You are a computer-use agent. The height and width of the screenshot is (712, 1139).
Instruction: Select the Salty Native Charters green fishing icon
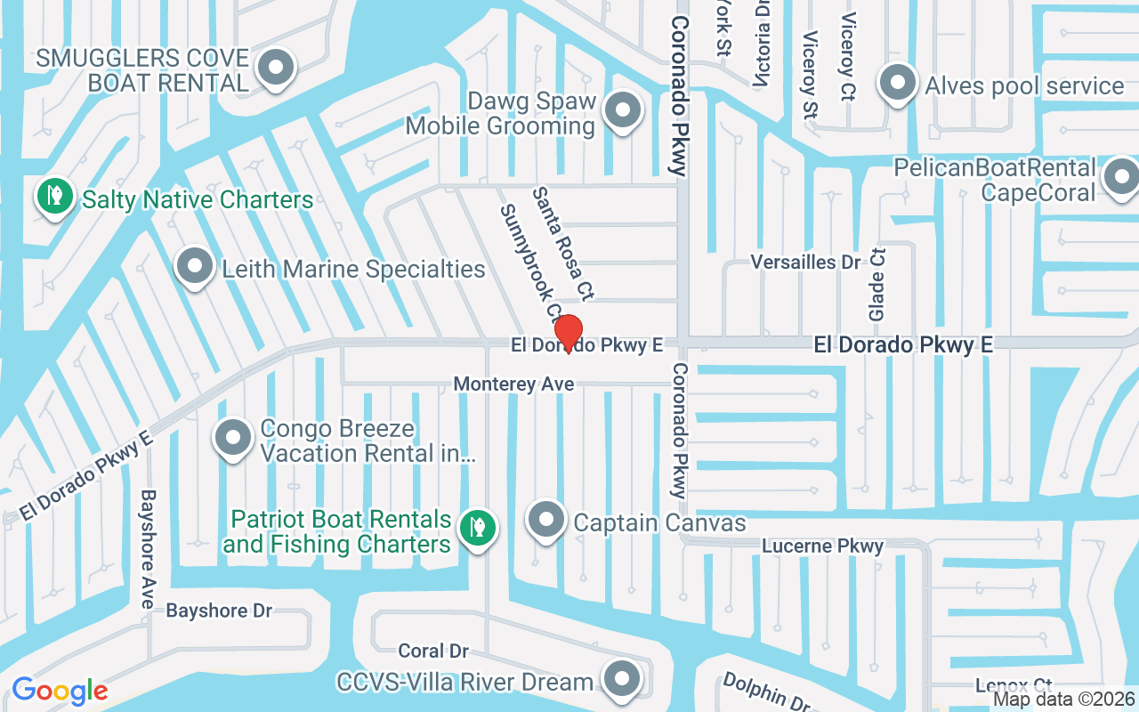[x=54, y=196]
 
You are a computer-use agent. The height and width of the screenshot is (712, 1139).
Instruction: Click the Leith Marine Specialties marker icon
[x=194, y=266]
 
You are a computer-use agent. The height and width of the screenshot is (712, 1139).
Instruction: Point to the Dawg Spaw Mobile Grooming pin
[x=623, y=111]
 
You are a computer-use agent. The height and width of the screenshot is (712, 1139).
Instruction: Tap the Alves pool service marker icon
[x=898, y=84]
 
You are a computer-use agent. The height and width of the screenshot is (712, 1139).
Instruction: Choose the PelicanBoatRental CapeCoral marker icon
[x=1121, y=177]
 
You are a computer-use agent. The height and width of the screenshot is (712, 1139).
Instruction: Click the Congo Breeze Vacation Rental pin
[x=233, y=438]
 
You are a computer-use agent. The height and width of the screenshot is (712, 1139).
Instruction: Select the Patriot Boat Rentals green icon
[x=477, y=528]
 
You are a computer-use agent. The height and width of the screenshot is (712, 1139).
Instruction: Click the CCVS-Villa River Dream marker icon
[x=622, y=680]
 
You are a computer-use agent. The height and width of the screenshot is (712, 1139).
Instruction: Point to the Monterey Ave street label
[x=513, y=384]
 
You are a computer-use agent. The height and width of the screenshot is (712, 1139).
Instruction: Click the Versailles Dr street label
[x=806, y=263]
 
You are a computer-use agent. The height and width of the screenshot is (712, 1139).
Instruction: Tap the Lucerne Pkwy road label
[x=823, y=546]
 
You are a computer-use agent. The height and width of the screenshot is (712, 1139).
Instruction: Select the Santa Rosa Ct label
[x=563, y=242]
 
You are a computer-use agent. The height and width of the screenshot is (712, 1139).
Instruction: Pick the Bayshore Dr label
[x=219, y=611]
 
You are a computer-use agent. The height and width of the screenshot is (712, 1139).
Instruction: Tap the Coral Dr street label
[x=433, y=651]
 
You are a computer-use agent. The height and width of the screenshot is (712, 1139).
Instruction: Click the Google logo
[x=60, y=691]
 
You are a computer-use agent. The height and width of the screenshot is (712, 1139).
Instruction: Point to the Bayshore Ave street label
[x=148, y=548]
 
